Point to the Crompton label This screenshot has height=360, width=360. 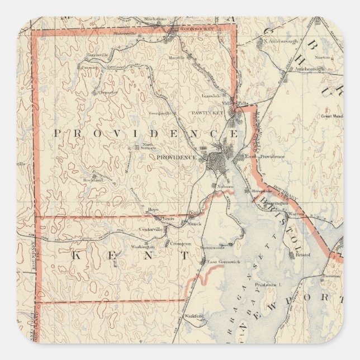(x=181, y=243)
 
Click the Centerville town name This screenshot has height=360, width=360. (x=150, y=229)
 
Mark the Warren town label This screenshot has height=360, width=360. (x=296, y=214)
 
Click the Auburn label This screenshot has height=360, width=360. (x=225, y=187)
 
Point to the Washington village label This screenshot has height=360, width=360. (x=143, y=247)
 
